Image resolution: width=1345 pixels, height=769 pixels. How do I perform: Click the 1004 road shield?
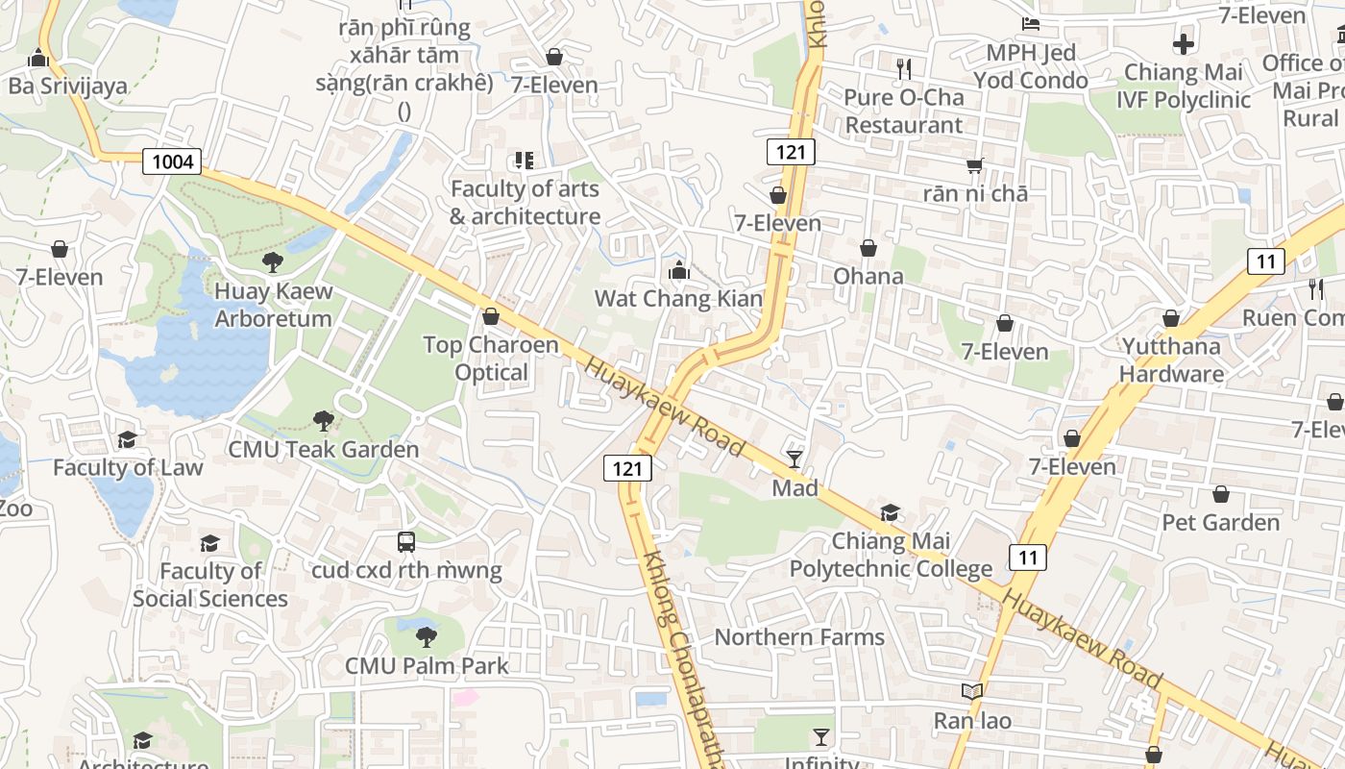click(173, 161)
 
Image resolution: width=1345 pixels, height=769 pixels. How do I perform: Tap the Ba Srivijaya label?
click(68, 86)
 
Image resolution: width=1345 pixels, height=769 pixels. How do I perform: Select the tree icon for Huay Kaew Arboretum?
click(273, 261)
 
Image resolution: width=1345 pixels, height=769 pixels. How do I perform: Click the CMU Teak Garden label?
click(324, 449)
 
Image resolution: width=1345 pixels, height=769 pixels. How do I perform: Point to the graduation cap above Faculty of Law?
click(127, 439)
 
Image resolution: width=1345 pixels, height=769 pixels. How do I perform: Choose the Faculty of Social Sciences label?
click(210, 584)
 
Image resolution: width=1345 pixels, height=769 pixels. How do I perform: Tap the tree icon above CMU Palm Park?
click(426, 635)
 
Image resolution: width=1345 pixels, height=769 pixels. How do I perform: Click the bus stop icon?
click(406, 541)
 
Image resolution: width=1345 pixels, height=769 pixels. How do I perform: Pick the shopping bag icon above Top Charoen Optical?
click(491, 316)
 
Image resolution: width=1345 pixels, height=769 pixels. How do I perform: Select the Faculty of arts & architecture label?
click(525, 203)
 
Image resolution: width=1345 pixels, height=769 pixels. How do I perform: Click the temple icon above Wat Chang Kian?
click(679, 270)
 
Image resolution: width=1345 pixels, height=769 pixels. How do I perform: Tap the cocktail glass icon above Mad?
click(795, 459)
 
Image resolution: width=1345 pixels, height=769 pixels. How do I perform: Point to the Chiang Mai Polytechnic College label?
click(891, 555)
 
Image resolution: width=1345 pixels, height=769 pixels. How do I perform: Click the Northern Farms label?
click(799, 637)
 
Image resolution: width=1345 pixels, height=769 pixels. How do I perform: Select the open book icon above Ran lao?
click(972, 691)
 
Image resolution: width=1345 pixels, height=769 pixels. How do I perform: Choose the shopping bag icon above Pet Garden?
click(1221, 494)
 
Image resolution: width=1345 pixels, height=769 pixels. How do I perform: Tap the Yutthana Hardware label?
click(1171, 360)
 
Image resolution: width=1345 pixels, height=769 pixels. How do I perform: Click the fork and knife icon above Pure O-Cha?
click(903, 68)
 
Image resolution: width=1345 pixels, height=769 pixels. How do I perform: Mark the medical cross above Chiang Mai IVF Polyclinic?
click(1184, 43)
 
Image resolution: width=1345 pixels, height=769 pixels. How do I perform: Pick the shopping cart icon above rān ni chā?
click(975, 165)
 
